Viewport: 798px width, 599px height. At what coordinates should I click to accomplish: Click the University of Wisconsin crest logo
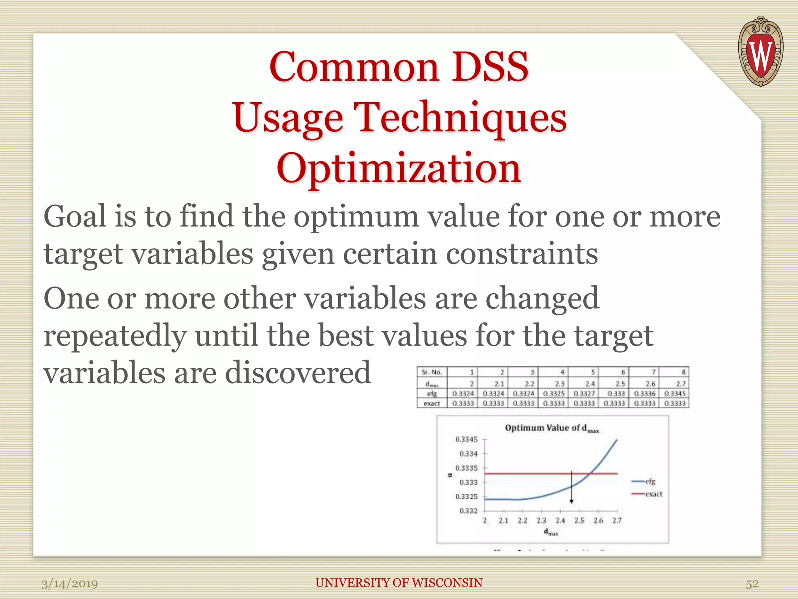pyautogui.click(x=760, y=52)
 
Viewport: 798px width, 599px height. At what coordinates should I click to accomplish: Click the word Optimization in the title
pyautogui.click(x=399, y=168)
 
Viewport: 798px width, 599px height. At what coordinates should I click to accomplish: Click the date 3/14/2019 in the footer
pyautogui.click(x=70, y=584)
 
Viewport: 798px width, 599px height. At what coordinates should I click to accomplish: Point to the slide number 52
pyautogui.click(x=752, y=584)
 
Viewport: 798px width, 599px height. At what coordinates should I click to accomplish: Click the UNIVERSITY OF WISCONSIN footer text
pyautogui.click(x=399, y=583)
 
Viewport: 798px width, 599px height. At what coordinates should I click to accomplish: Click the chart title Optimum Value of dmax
pyautogui.click(x=551, y=428)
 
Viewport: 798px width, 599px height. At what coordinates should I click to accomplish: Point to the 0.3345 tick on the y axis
pyautogui.click(x=466, y=440)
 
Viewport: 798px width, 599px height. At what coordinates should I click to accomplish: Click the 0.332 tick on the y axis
pyautogui.click(x=468, y=511)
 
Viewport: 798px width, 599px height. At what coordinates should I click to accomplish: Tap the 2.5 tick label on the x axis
pyautogui.click(x=579, y=521)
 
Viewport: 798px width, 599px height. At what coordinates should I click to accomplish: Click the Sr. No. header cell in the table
pyautogui.click(x=432, y=372)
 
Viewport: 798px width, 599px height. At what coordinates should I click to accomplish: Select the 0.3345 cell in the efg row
pyautogui.click(x=675, y=394)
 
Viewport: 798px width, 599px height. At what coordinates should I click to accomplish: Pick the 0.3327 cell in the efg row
pyautogui.click(x=584, y=394)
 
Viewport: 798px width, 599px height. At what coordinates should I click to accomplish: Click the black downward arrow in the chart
pyautogui.click(x=571, y=487)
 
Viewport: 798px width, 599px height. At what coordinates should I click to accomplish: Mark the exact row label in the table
pyautogui.click(x=432, y=404)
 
